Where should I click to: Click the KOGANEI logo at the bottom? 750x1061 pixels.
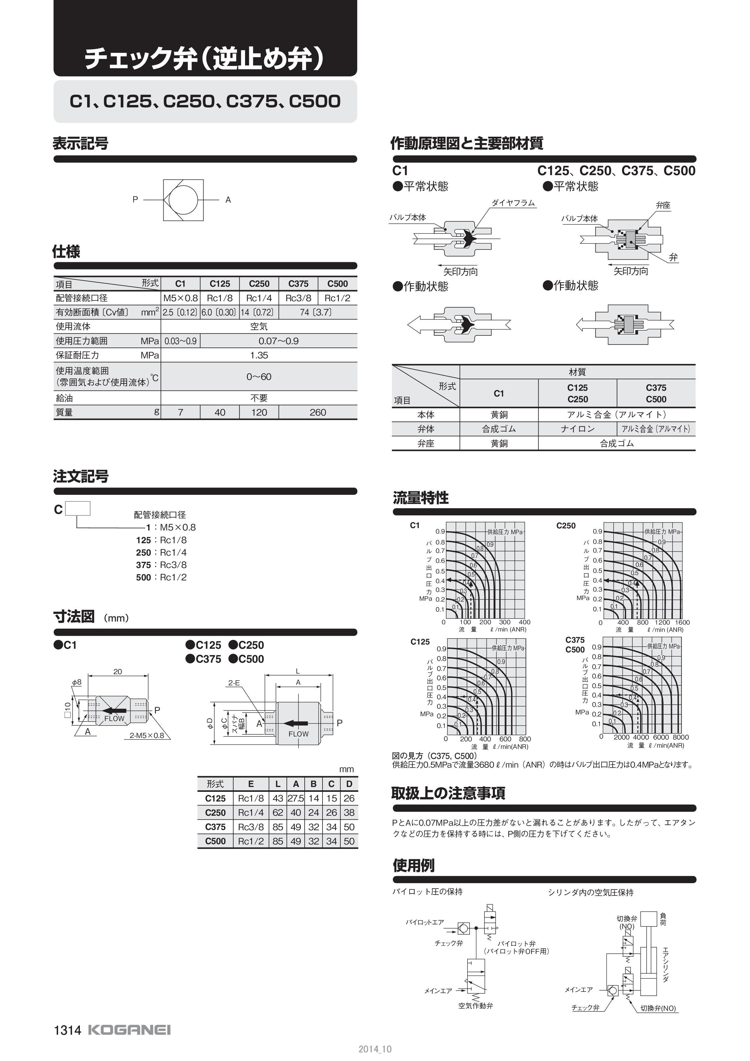tap(129, 1030)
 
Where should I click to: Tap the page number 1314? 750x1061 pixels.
tap(67, 1030)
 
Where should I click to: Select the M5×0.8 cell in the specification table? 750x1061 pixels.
tap(180, 298)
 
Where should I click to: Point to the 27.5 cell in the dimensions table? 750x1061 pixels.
tap(296, 798)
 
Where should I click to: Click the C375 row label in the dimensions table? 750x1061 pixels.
tap(215, 827)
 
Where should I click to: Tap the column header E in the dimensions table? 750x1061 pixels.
tap(251, 784)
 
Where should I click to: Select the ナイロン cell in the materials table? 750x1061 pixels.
tap(578, 429)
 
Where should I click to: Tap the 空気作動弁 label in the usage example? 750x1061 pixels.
tap(476, 1006)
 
